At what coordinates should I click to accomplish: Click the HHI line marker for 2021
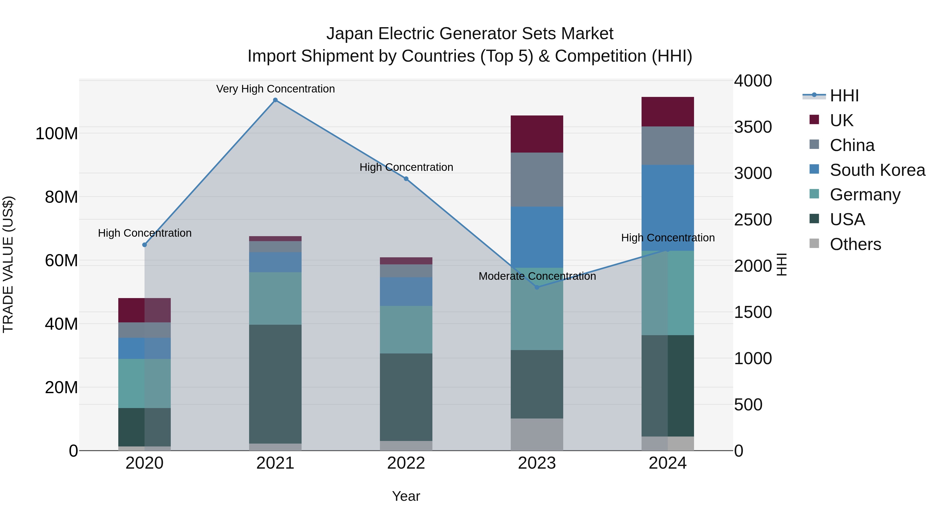(275, 100)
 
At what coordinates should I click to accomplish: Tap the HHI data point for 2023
(537, 287)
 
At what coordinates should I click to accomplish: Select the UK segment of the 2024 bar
(667, 112)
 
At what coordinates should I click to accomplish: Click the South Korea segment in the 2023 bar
(537, 237)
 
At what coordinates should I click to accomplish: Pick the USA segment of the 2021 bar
(275, 384)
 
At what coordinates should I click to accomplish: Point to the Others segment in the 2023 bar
(537, 434)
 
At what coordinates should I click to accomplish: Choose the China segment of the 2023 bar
(537, 180)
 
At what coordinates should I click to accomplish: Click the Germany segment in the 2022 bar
(406, 329)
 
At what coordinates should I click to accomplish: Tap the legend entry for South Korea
(877, 170)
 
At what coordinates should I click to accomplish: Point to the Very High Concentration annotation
(275, 89)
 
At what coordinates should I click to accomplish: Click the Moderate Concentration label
(537, 276)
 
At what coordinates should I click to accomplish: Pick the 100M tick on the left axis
(57, 133)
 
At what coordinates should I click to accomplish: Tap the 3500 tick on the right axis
(753, 127)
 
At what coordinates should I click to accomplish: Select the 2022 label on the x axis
(406, 463)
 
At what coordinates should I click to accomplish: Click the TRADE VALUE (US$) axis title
(8, 264)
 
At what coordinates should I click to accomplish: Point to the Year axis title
(406, 496)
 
